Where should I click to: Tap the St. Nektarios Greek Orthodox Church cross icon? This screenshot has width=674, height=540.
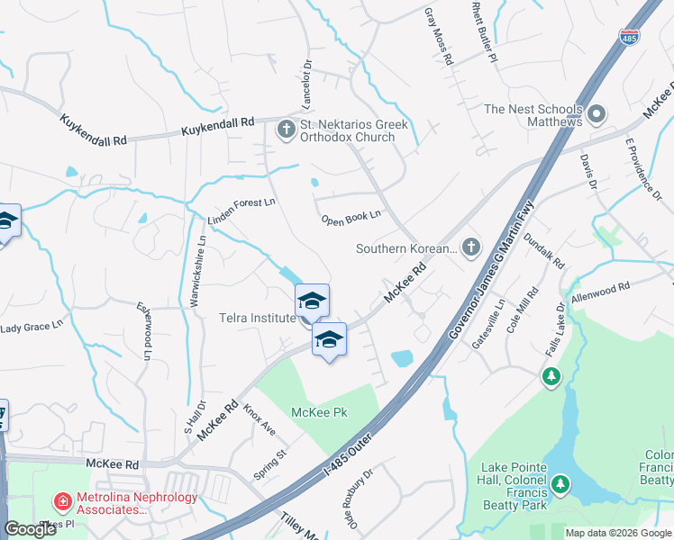point(287,130)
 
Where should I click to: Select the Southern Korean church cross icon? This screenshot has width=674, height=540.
point(470,247)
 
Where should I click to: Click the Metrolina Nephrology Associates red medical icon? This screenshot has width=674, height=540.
point(62,500)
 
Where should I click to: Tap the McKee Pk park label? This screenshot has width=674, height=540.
point(319,413)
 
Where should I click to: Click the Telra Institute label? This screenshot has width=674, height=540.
point(257,318)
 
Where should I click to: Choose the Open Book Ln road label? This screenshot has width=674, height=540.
point(351,217)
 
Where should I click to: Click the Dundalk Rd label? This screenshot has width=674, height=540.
point(543,252)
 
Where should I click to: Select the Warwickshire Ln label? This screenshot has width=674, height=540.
point(197,270)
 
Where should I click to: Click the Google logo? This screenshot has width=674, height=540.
point(30,529)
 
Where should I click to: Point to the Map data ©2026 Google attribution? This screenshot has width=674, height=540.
point(618,533)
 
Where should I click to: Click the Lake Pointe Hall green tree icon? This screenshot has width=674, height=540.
point(561,486)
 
